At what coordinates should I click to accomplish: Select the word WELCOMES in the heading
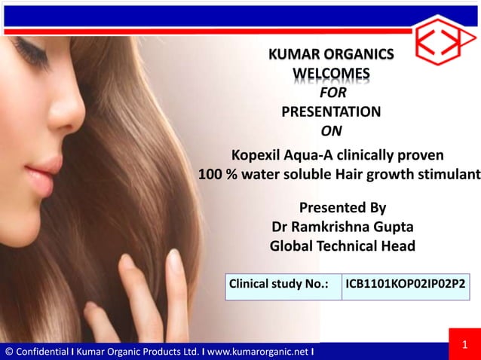[x=331, y=73]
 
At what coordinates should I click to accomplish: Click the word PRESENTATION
[x=331, y=113]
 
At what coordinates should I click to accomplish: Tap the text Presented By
[x=343, y=208]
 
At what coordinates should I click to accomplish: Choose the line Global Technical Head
[x=342, y=246]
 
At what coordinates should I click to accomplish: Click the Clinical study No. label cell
[x=283, y=285]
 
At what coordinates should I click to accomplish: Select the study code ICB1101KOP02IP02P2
[x=405, y=285]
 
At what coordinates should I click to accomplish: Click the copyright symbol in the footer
[x=8, y=351]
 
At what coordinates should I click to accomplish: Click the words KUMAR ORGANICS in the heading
[x=331, y=54]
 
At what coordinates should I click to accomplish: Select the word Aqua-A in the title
[x=311, y=157]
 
